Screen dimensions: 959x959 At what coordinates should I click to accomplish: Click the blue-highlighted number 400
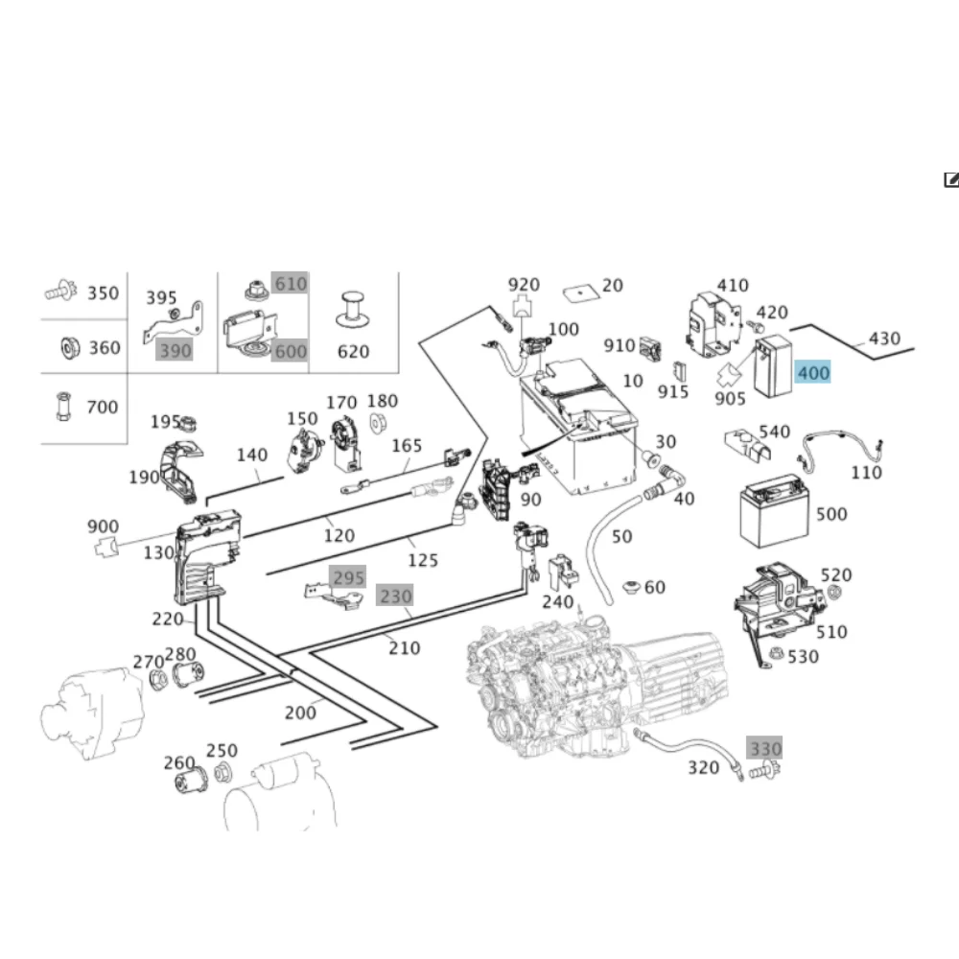pyautogui.click(x=813, y=372)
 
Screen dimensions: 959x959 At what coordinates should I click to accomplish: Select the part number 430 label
pyautogui.click(x=884, y=339)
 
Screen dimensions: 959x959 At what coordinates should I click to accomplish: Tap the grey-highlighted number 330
pyautogui.click(x=764, y=748)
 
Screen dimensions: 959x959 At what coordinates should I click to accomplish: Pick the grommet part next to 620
pyautogui.click(x=352, y=311)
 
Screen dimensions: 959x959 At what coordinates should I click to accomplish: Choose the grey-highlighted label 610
pyautogui.click(x=290, y=283)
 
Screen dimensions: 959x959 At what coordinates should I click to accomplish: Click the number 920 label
pyautogui.click(x=524, y=285)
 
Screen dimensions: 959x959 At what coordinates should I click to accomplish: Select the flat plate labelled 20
pyautogui.click(x=580, y=292)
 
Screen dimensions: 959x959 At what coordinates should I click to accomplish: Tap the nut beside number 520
pyautogui.click(x=833, y=592)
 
